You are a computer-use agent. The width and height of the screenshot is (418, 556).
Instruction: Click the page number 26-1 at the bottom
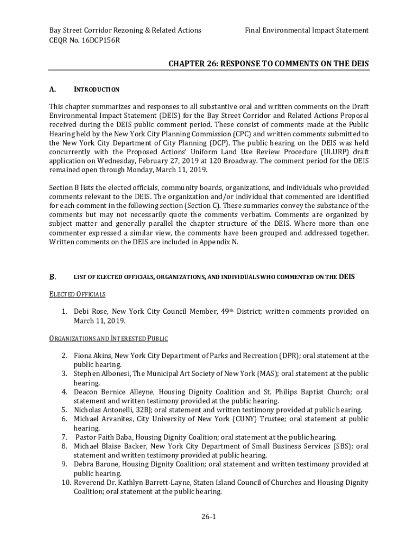tap(209, 517)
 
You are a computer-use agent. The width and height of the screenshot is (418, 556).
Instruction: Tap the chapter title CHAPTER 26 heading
tap(268, 64)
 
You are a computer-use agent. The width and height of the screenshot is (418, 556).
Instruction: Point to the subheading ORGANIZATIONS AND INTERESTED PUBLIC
tap(109, 338)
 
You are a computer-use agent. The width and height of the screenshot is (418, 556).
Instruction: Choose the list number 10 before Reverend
tap(66, 482)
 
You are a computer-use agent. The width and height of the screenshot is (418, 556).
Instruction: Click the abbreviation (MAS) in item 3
tap(265, 374)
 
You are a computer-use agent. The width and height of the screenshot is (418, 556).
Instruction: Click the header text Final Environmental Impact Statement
tap(307, 30)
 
